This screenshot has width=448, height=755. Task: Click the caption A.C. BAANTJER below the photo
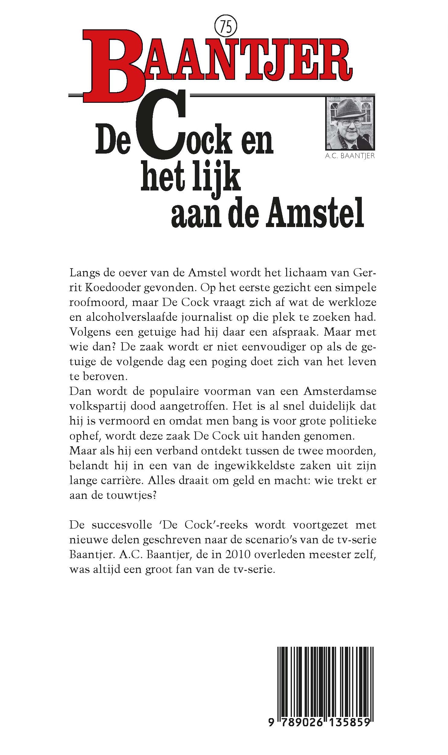(x=350, y=156)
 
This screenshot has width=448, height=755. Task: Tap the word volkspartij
(x=97, y=406)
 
